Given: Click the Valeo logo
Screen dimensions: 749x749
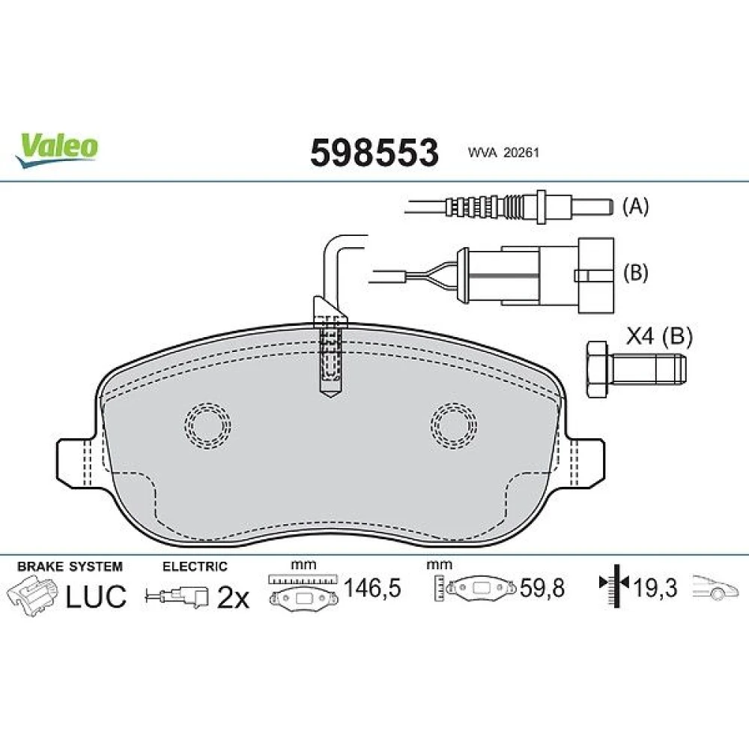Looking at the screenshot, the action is (x=56, y=150).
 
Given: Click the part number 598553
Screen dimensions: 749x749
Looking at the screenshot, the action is (x=374, y=153).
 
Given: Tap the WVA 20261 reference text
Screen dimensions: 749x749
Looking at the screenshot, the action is (x=503, y=153).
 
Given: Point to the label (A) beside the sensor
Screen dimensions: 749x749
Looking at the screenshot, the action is (x=635, y=207).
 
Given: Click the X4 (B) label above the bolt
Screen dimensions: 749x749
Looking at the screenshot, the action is (x=658, y=336).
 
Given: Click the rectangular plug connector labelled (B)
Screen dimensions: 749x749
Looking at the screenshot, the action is (x=535, y=275).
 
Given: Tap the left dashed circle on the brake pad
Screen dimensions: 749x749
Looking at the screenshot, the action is (x=207, y=425).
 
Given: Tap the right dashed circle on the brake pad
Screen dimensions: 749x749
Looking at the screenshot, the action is (x=453, y=425).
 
